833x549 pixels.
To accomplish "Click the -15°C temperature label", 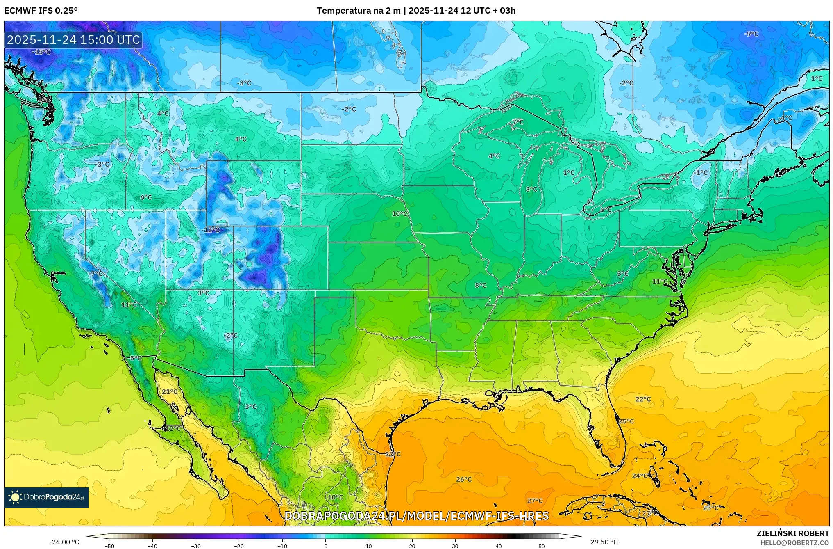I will [x=41, y=52].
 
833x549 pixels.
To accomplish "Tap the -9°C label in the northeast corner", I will [x=751, y=34].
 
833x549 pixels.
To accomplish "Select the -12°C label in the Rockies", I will [x=211, y=230].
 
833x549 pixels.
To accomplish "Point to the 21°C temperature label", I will [x=170, y=392].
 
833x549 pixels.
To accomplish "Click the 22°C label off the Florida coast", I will [x=643, y=399].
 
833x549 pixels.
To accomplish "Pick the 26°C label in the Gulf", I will [x=464, y=479].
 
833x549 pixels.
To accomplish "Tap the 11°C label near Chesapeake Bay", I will [x=660, y=281].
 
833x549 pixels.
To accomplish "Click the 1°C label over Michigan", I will [x=568, y=173].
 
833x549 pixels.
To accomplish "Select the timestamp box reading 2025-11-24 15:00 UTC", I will [x=73, y=40].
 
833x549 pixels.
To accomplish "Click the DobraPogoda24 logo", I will [x=46, y=497].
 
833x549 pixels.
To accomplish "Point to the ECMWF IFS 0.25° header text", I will [x=41, y=11].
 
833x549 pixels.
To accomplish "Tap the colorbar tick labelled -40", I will [x=152, y=546].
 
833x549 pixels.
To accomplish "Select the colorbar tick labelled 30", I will [x=455, y=546].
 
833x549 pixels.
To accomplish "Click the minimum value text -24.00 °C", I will [x=64, y=542].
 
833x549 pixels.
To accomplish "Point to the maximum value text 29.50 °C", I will [x=604, y=542].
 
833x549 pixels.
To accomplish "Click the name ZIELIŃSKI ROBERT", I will [x=792, y=533].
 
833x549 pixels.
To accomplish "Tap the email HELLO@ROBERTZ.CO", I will [x=794, y=543].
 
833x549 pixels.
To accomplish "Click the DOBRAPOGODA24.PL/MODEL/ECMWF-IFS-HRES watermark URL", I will [x=416, y=516].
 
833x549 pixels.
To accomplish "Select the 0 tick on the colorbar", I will [x=326, y=546].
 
